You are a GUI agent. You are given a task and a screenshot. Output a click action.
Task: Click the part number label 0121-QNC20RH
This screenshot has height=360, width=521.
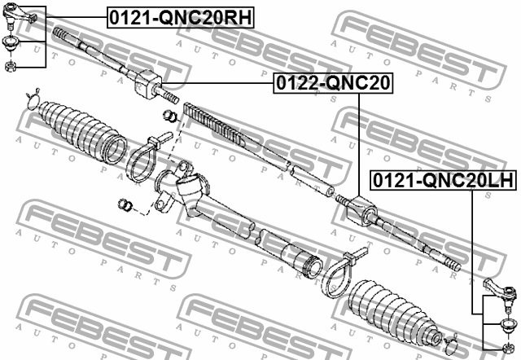click(181, 17)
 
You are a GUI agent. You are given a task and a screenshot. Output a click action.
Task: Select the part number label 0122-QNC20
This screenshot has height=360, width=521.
click(333, 83)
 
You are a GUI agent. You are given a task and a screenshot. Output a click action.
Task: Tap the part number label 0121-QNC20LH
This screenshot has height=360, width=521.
click(444, 180)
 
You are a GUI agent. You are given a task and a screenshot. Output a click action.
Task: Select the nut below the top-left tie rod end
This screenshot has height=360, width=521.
click(11, 65)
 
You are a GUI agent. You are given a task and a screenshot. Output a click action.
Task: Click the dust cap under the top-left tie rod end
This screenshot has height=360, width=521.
click(10, 43)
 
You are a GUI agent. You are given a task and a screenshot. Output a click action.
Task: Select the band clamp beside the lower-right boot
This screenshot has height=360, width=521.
click(341, 273)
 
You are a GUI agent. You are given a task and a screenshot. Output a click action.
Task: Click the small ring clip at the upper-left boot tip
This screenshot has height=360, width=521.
click(33, 99)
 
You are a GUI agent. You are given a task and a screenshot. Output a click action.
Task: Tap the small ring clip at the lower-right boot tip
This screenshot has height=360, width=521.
click(452, 345)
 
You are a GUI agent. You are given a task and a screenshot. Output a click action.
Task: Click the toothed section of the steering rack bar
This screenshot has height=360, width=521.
click(215, 125)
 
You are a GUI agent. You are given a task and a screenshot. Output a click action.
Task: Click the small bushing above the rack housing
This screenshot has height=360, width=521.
click(170, 116)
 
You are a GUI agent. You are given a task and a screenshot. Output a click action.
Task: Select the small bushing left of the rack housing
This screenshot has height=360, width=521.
click(125, 204)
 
